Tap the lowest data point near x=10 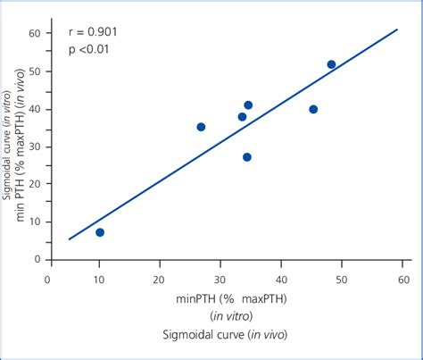[100, 232]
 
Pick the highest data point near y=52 [331, 64]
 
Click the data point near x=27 [201, 127]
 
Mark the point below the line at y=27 [247, 157]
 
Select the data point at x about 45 [313, 109]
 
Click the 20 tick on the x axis [160, 279]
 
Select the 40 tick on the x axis [281, 279]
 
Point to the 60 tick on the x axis [403, 279]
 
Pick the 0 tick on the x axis [48, 279]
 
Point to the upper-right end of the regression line [396, 29]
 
